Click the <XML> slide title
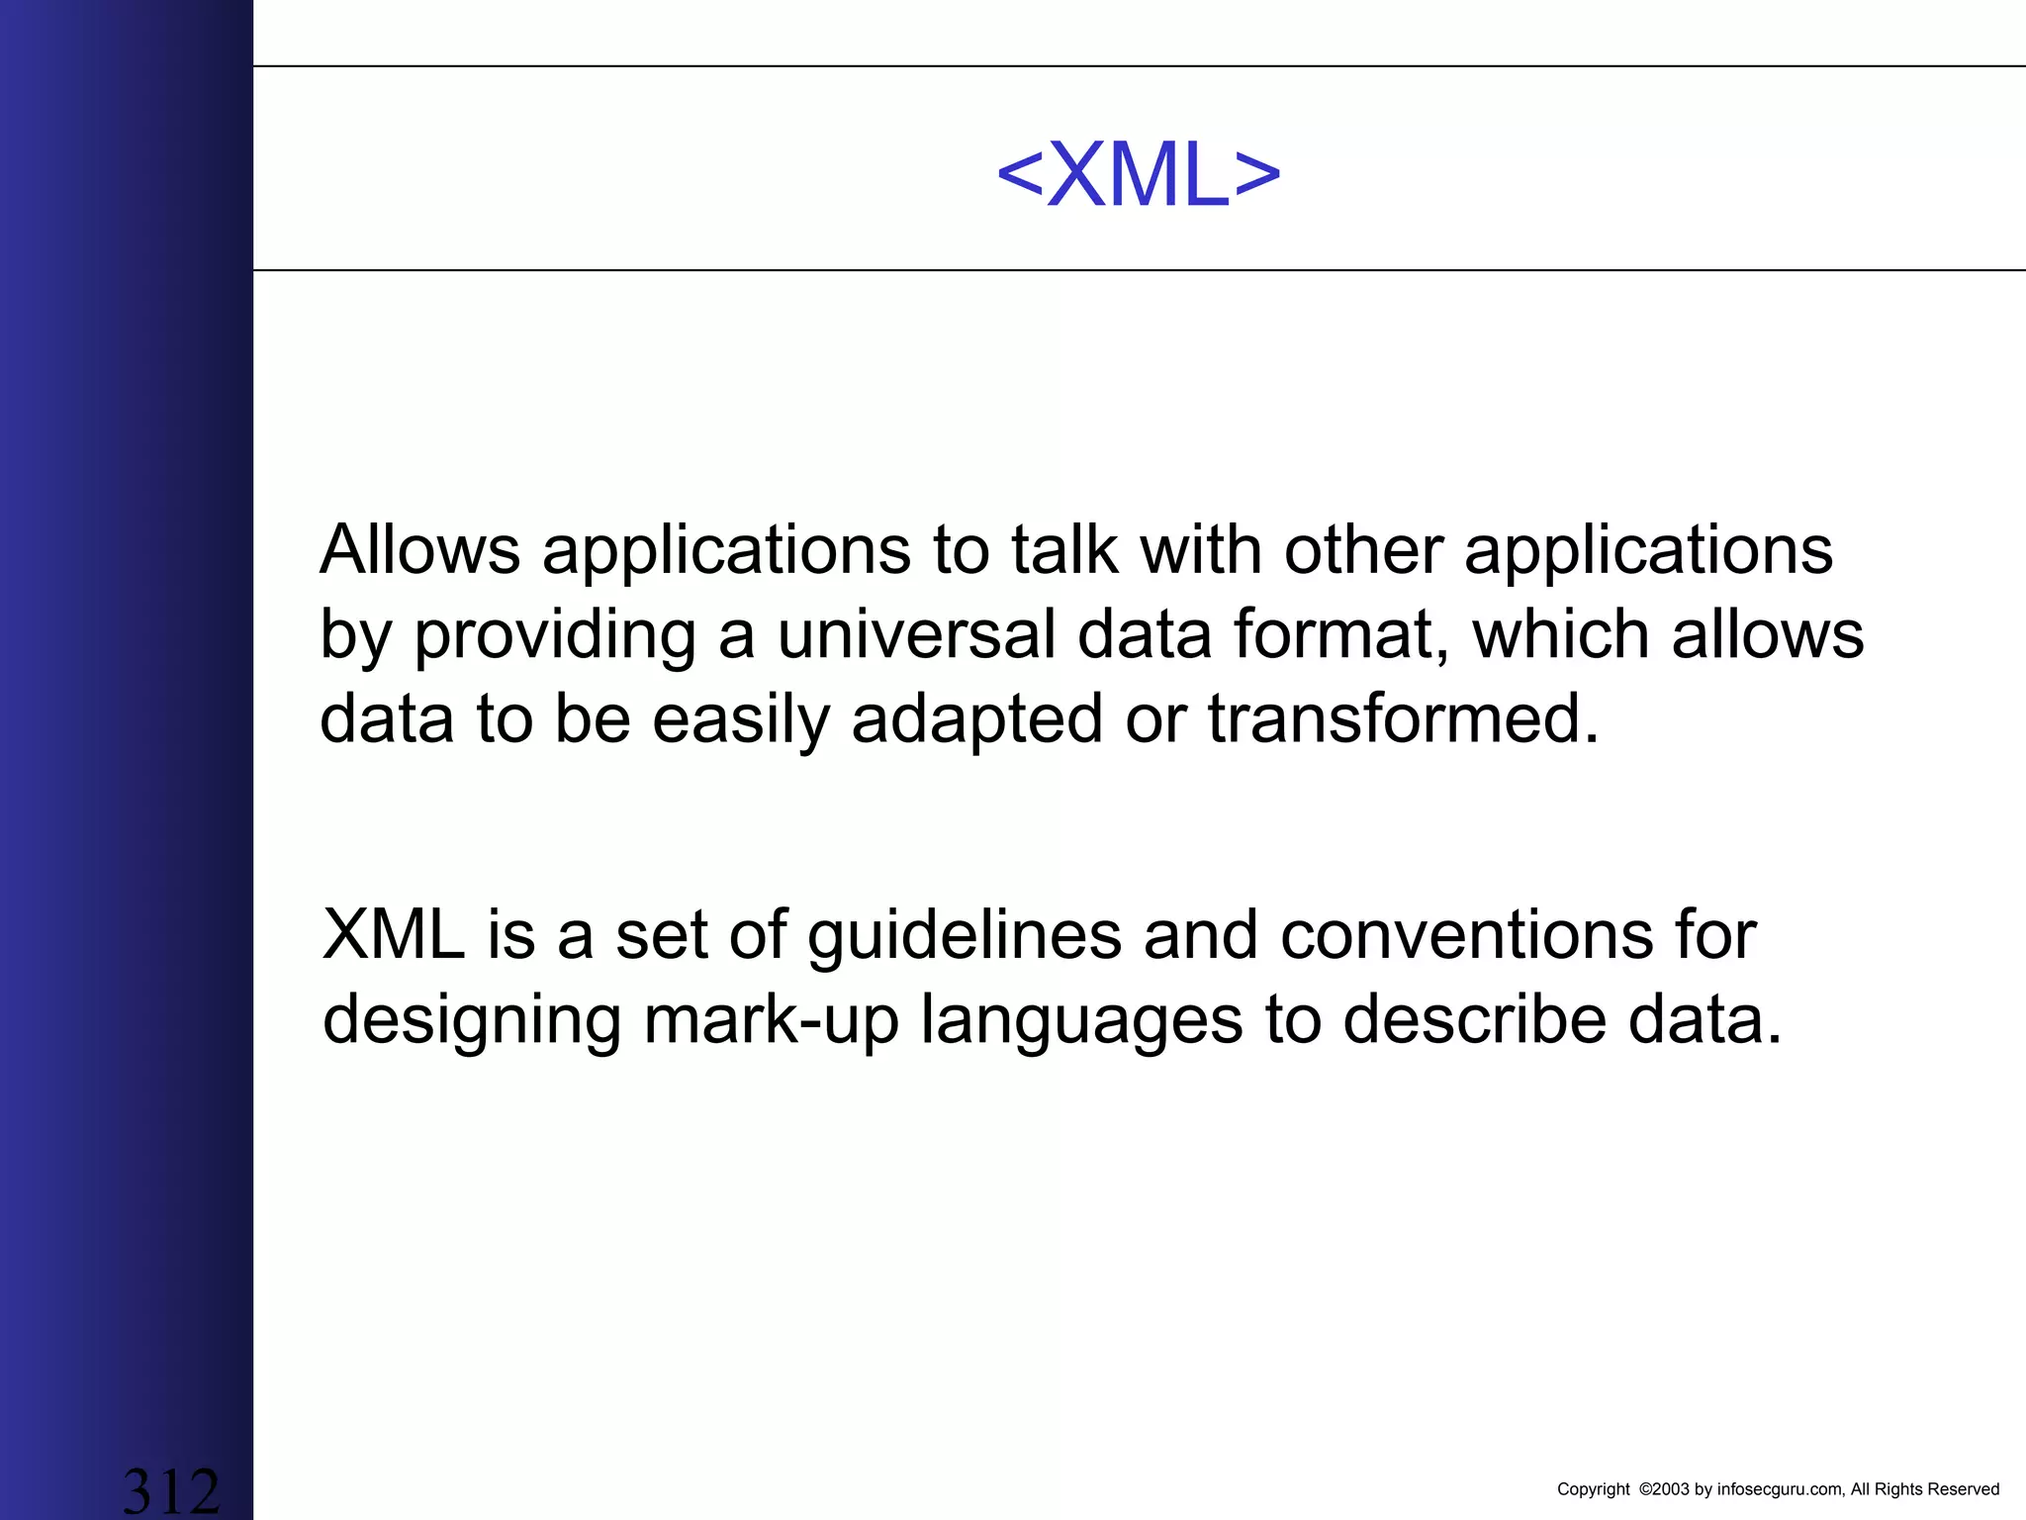click(1138, 176)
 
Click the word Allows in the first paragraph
click(419, 549)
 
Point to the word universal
click(916, 634)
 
